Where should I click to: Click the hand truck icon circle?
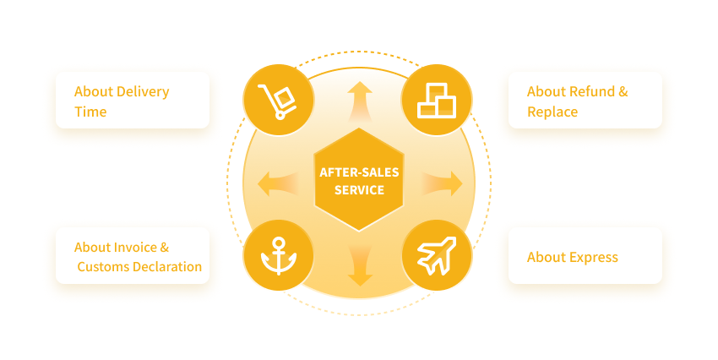pyautogui.click(x=279, y=100)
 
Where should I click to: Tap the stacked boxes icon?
pyautogui.click(x=437, y=101)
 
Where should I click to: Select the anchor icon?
pyautogui.click(x=279, y=255)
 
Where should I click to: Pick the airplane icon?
pyautogui.click(x=437, y=255)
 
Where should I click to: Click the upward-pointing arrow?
pyautogui.click(x=360, y=101)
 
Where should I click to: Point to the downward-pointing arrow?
pyautogui.click(x=360, y=266)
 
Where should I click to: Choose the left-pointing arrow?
pyautogui.click(x=278, y=183)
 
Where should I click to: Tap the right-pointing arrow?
pyautogui.click(x=442, y=183)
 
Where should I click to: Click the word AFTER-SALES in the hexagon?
pyautogui.click(x=359, y=172)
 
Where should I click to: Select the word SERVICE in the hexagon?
pyautogui.click(x=359, y=190)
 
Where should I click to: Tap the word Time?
pyautogui.click(x=90, y=112)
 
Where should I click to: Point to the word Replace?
pyautogui.click(x=552, y=112)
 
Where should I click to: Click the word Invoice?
pyautogui.click(x=134, y=248)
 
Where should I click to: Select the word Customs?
pyautogui.click(x=102, y=266)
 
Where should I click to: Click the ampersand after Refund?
pyautogui.click(x=623, y=91)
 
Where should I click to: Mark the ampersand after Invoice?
pyautogui.click(x=165, y=248)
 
